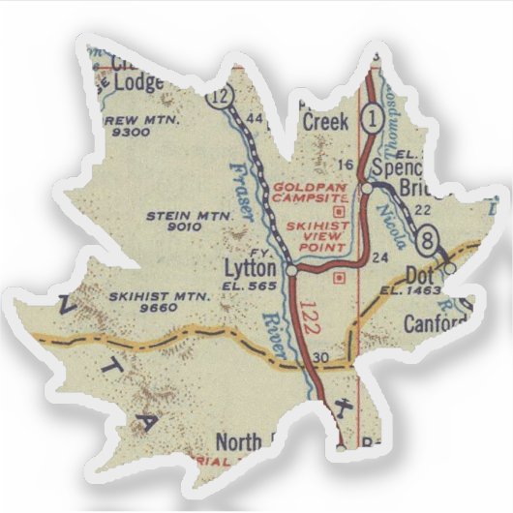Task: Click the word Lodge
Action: coord(140,82)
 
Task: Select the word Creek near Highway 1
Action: coord(325,122)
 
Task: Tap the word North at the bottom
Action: coord(238,441)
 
